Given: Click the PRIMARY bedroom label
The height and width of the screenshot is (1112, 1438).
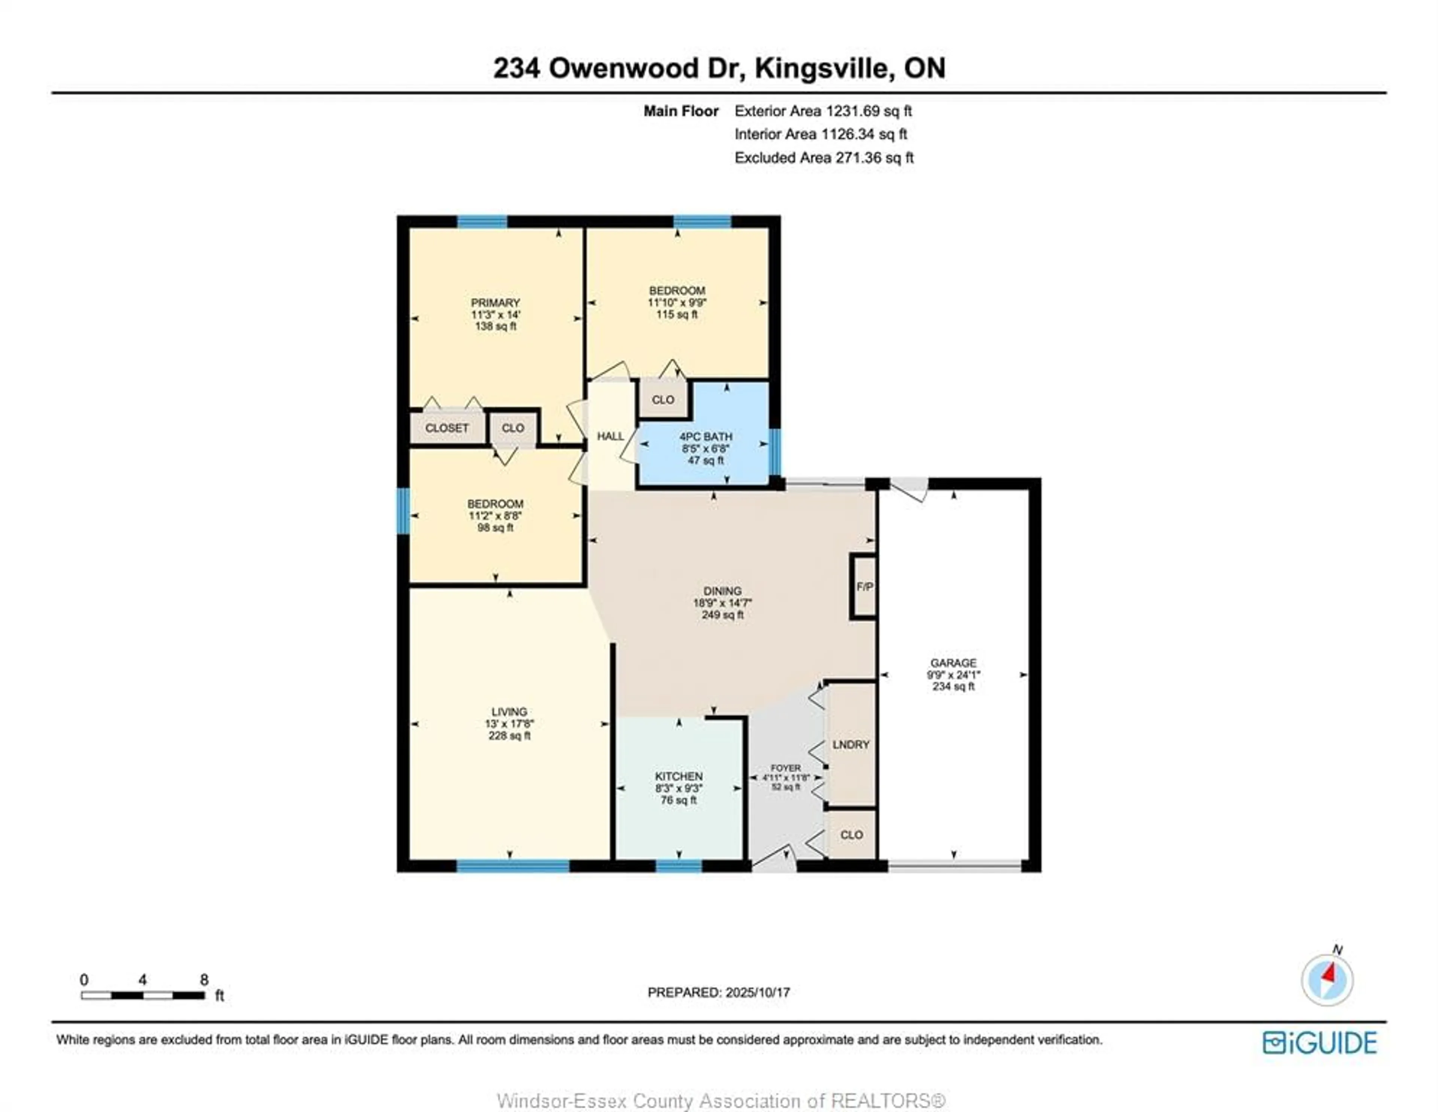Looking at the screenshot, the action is (x=495, y=303).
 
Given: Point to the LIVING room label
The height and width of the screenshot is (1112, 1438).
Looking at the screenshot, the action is (x=509, y=712).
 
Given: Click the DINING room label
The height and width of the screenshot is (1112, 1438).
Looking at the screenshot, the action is (x=722, y=591).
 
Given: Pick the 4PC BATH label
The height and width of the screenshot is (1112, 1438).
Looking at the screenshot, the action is (x=706, y=437).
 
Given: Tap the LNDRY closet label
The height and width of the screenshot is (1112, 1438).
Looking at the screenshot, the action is (x=851, y=745).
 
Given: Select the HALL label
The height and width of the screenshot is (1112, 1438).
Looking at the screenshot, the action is (x=610, y=436).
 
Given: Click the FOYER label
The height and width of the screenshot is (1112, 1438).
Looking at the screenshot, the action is (x=786, y=768).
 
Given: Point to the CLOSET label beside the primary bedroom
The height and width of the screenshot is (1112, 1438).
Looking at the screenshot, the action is (x=447, y=428).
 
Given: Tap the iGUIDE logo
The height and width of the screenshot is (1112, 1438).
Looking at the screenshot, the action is (x=1320, y=1043).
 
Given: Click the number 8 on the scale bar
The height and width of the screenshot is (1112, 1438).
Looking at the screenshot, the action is (x=204, y=980).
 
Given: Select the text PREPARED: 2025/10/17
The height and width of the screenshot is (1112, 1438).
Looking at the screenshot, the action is (x=718, y=992).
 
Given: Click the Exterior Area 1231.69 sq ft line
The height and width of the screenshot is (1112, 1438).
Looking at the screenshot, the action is (x=823, y=111).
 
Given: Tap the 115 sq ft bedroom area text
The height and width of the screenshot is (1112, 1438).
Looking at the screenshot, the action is (x=677, y=315).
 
